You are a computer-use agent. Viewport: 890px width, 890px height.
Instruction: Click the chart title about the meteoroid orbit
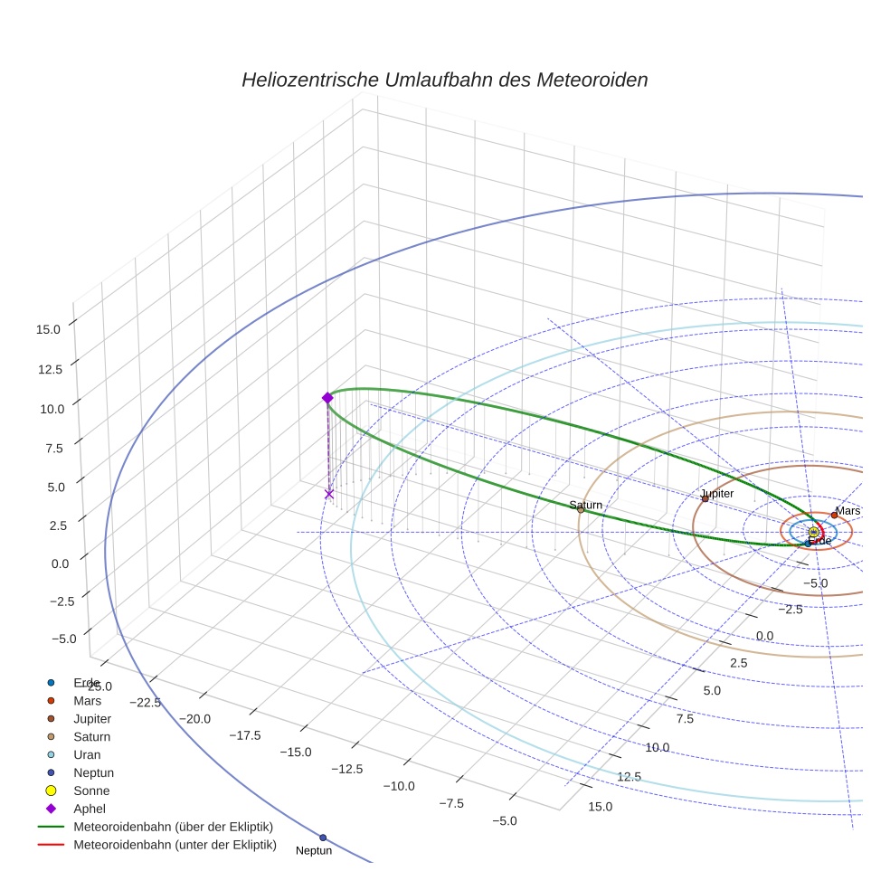click(x=444, y=80)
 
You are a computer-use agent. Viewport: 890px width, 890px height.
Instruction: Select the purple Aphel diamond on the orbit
click(x=327, y=398)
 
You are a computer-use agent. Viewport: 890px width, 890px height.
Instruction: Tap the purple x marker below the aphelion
click(x=329, y=494)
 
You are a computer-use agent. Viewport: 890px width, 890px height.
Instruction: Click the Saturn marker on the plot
click(x=581, y=509)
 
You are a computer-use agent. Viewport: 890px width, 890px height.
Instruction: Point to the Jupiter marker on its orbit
click(x=705, y=498)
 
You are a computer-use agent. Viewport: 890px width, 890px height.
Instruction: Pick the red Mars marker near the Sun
click(x=834, y=516)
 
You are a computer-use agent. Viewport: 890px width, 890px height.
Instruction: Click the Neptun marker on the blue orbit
click(x=323, y=838)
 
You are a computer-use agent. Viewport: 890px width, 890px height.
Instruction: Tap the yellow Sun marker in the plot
click(x=814, y=533)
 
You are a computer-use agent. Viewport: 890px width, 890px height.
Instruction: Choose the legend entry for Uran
click(x=87, y=754)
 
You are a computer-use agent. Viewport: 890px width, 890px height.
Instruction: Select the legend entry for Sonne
click(x=91, y=791)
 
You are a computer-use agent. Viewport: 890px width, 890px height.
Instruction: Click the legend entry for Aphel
click(x=90, y=809)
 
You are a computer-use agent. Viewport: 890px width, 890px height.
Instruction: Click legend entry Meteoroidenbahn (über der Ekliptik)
click(x=173, y=827)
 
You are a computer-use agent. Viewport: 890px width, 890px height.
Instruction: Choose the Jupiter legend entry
click(x=92, y=718)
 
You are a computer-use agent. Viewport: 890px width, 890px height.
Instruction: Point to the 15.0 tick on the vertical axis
click(x=48, y=329)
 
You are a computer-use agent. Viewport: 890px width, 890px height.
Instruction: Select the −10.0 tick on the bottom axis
click(x=398, y=785)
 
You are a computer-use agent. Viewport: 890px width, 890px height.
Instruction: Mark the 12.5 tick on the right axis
click(x=629, y=776)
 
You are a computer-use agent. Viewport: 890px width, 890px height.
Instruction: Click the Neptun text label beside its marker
click(x=314, y=851)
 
